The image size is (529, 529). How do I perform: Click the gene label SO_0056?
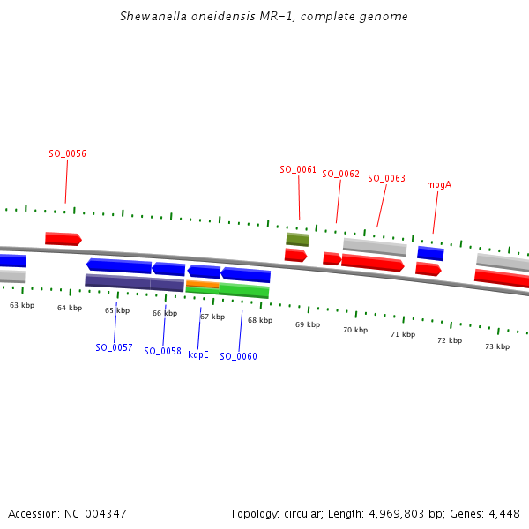tap(67, 153)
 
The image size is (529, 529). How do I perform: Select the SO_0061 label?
tap(298, 169)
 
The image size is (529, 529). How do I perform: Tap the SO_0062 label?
tap(340, 174)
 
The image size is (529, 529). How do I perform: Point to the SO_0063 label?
tap(386, 178)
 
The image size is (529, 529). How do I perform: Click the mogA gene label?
tap(439, 184)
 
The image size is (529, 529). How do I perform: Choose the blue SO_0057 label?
tap(114, 347)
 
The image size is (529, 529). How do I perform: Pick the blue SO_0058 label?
tap(162, 351)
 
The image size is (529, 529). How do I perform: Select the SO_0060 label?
tap(238, 356)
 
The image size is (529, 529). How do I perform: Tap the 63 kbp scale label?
tap(22, 305)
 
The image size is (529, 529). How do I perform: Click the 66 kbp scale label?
tap(165, 313)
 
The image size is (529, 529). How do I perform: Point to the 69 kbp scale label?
tap(308, 324)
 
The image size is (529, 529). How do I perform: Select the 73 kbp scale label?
tap(497, 346)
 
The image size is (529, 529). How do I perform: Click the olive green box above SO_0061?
tap(297, 240)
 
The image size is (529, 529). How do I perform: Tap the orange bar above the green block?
tap(202, 284)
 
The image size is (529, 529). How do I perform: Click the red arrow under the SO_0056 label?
tap(63, 239)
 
